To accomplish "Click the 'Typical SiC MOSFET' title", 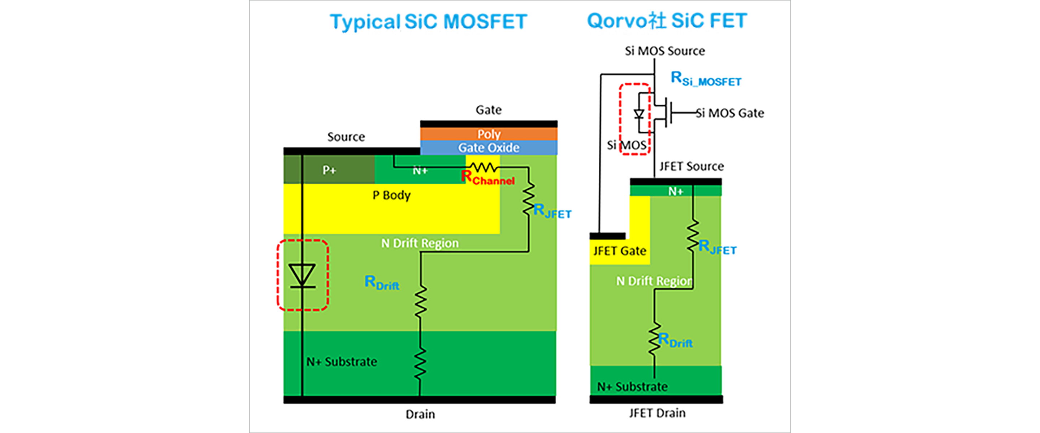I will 428,21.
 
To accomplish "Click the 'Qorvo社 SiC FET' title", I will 667,21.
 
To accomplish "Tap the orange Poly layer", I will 489,134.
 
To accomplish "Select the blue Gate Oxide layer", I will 489,148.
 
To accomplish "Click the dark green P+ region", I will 329,170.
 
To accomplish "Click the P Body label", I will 391,195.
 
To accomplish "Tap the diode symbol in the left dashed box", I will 302,276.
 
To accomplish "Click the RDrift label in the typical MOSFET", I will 382,283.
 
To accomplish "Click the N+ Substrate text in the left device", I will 342,362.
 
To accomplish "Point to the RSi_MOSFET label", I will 705,79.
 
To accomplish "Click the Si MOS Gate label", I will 730,113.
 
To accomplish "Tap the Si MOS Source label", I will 664,51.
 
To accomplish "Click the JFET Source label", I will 691,166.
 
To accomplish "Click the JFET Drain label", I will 657,413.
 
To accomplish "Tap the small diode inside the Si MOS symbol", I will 639,114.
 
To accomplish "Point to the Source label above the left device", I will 346,137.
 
